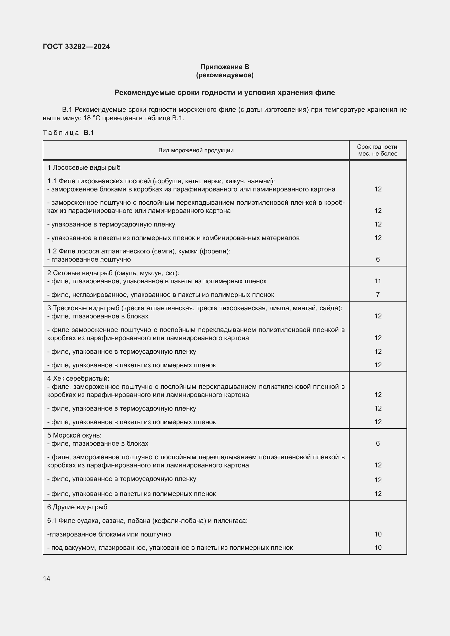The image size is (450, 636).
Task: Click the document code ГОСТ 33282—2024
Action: point(76,46)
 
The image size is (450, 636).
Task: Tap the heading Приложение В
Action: point(225,67)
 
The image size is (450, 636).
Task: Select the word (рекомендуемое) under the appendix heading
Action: point(225,75)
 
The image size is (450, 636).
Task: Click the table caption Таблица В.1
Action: point(69,133)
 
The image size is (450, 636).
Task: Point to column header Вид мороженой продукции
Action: point(196,150)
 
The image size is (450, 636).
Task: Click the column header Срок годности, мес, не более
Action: point(378,150)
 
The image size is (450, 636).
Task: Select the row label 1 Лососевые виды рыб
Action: point(84,167)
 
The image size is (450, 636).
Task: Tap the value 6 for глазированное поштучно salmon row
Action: point(378,259)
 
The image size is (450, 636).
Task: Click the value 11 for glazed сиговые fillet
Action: point(378,281)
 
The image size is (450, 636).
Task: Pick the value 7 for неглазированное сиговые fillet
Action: point(378,295)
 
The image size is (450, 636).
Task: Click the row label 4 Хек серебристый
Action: point(78,379)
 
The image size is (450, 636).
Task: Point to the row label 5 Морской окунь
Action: point(74,435)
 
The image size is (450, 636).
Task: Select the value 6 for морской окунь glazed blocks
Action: point(378,443)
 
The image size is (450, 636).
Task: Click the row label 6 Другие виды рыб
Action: point(77,507)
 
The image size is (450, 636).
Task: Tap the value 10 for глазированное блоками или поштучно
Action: point(378,534)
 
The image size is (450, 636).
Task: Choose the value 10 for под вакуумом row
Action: point(378,548)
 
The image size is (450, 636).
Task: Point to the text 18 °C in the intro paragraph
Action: point(91,118)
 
